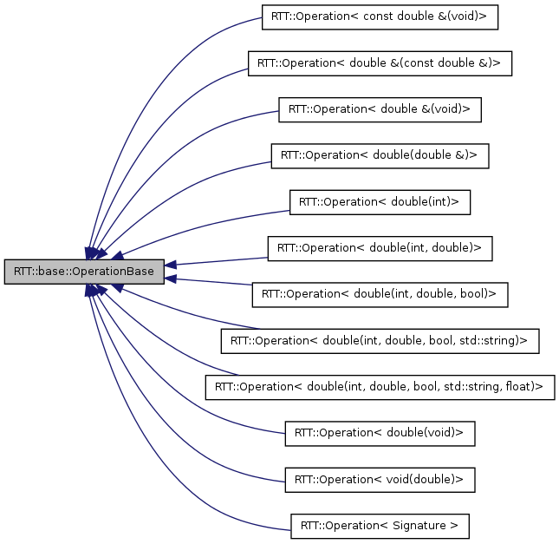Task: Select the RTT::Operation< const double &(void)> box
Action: pos(380,17)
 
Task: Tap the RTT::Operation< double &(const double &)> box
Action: pos(380,63)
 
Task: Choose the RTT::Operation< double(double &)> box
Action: pos(380,155)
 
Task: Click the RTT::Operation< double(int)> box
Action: pos(380,201)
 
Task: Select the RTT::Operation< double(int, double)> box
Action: pos(380,247)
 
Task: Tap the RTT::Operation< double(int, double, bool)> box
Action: pos(380,294)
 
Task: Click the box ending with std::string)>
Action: pos(380,340)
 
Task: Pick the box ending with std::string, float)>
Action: pos(380,386)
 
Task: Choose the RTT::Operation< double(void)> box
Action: pos(380,432)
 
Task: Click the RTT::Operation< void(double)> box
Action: pos(380,478)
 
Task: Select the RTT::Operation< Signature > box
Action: pos(380,524)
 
